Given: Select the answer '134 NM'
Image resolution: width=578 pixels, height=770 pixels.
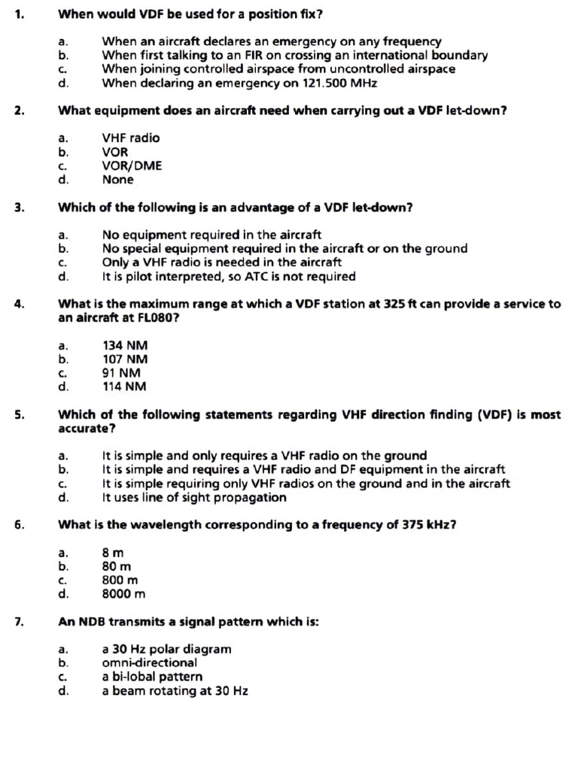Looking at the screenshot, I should point(125,345).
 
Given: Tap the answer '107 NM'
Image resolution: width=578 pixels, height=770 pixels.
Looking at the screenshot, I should point(125,359).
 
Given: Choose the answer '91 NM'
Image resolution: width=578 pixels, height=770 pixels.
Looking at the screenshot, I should point(121,373).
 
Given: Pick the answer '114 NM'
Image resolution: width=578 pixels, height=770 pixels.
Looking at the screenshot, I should point(125,387).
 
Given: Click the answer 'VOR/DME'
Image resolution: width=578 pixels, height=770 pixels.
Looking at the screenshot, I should point(132,165).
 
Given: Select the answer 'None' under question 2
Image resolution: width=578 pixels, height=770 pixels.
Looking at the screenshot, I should point(117,180).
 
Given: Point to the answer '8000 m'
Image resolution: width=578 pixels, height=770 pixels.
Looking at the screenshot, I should point(123,594).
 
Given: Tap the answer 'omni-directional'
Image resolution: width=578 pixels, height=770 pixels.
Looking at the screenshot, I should point(150,662).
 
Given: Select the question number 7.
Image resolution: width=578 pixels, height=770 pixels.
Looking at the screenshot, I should point(18,622).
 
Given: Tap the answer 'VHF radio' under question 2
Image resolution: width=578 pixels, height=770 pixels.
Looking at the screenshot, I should point(131,138).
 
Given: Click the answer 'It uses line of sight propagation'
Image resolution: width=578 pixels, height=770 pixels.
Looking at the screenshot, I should point(194,497).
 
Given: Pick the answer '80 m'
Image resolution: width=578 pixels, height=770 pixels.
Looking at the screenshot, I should point(117,566).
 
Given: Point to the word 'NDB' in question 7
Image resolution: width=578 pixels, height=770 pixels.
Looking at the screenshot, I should point(91,622).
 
